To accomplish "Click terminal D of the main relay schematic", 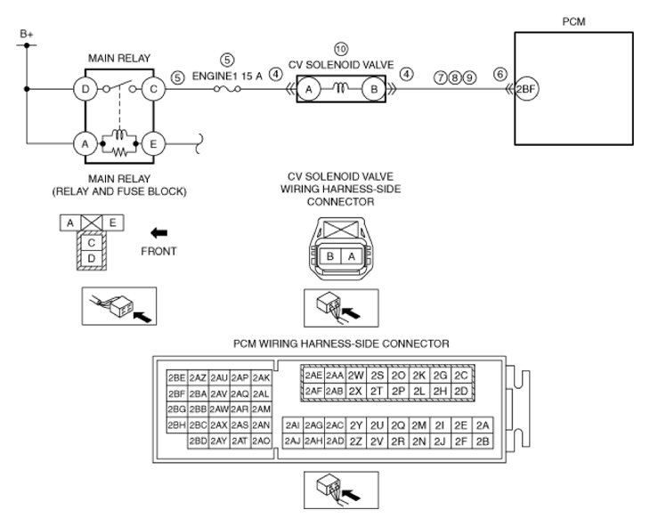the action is coord(85,89).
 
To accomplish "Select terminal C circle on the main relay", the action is coord(153,89).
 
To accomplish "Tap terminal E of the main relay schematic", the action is coord(153,144).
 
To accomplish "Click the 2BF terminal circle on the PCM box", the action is coord(527,89).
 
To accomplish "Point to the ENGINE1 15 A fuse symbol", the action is coord(227,89).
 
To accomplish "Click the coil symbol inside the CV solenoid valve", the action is coord(340,87).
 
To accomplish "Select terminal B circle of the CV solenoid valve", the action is coord(374,89).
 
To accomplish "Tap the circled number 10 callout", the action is coord(341,49).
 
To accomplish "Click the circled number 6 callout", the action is coord(500,74).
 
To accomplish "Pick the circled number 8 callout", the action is coord(455,77).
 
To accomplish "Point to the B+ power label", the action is coord(27,34).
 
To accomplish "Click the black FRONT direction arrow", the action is coord(158,233).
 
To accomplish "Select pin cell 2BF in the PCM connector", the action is coord(177,393).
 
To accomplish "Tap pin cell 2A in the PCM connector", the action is coord(483,425).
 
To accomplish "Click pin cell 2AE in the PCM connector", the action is coord(313,376).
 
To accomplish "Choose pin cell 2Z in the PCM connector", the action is coord(356,441).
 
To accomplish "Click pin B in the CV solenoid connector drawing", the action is coord(330,256).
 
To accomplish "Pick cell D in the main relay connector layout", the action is coord(92,258).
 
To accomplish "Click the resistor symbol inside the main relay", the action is coord(119,152).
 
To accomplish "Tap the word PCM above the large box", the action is coord(573,21).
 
